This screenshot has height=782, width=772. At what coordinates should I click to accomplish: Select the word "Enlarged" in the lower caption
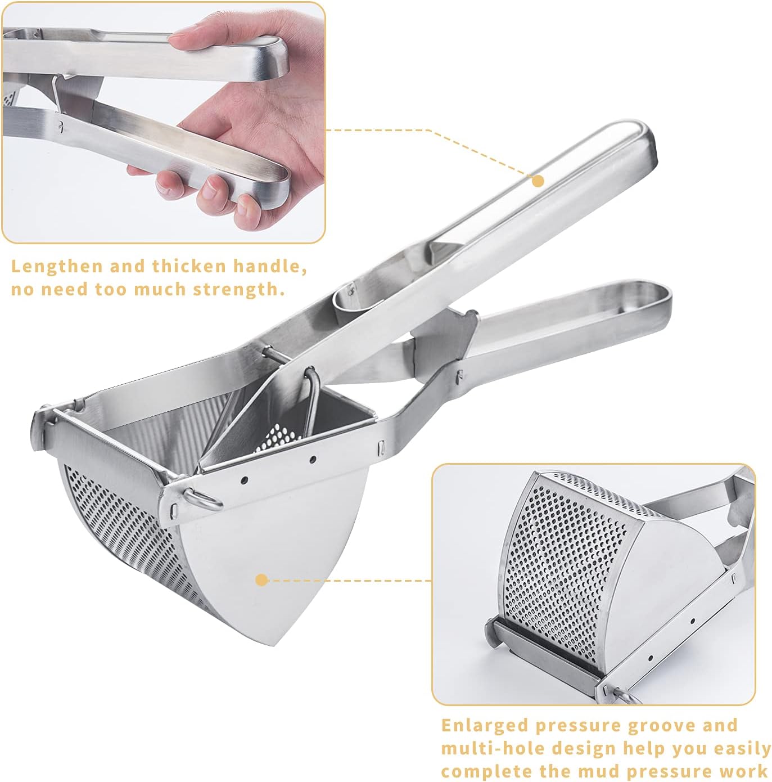484,726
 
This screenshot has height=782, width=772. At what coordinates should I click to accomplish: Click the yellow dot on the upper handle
538,181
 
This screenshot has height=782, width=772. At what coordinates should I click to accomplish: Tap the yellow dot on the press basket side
261,580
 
